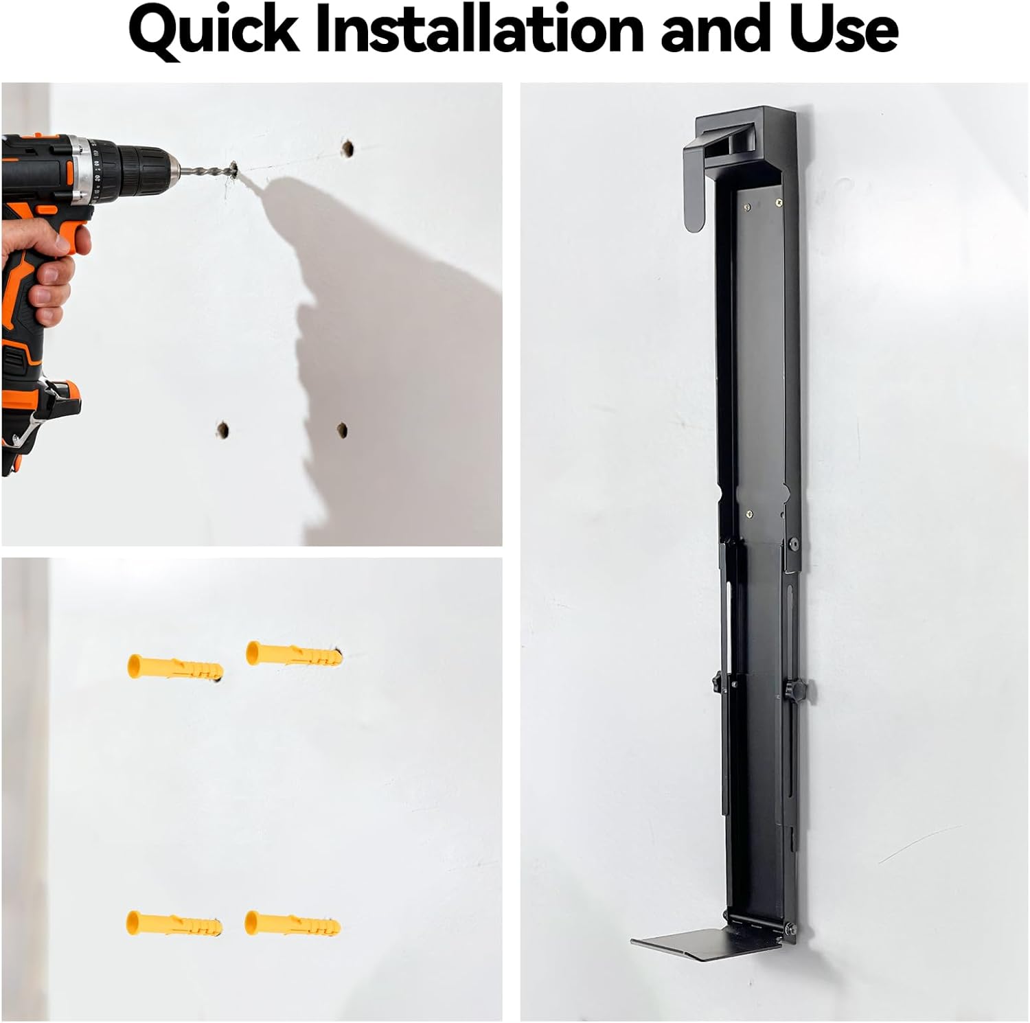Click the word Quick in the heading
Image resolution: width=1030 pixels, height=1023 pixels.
coord(214,31)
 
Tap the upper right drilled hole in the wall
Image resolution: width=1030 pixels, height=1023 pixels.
coord(348,148)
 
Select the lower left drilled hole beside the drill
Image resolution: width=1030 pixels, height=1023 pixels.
coord(222,430)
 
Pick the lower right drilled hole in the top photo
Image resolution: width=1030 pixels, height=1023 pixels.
coord(342,430)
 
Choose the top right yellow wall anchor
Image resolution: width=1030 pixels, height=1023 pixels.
coord(293,654)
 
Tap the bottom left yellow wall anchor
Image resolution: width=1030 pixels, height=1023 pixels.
coord(174,923)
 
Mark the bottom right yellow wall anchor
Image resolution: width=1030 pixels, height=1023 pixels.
coord(292,923)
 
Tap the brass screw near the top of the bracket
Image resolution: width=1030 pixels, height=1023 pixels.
coord(779,202)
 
